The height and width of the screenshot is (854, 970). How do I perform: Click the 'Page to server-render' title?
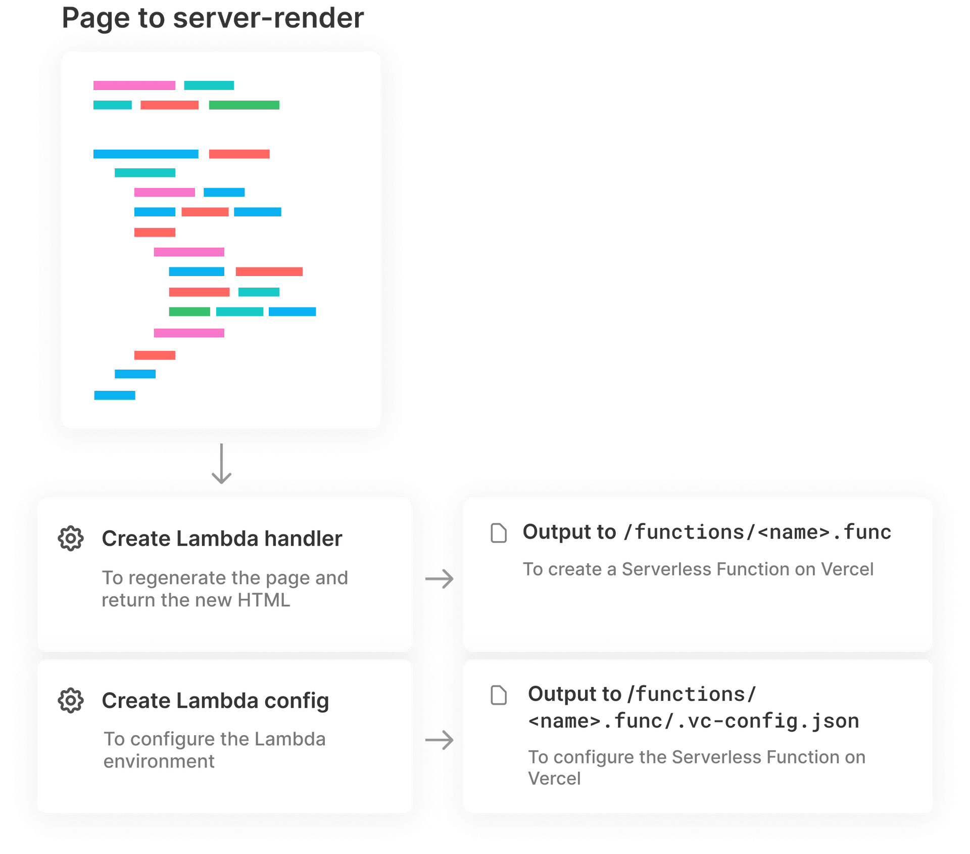212,19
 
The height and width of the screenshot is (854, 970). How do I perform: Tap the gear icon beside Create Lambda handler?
71,538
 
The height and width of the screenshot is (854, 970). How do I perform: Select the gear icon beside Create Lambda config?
71,701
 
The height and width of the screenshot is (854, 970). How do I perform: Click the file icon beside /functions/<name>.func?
499,533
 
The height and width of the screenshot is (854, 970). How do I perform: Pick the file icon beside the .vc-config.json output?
499,695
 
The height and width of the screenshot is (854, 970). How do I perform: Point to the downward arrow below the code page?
221,464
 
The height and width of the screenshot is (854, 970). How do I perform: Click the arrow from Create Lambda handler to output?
440,579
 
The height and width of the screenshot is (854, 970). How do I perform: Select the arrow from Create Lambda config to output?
440,740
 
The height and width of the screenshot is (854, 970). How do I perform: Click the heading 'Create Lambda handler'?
222,539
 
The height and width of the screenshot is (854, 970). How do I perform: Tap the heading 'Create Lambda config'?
215,701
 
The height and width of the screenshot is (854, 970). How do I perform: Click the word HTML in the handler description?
264,600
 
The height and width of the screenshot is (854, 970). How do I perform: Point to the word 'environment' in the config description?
159,761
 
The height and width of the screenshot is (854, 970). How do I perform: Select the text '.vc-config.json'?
768,721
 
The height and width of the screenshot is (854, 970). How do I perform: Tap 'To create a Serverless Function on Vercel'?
698,569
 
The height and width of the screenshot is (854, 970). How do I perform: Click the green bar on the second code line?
244,105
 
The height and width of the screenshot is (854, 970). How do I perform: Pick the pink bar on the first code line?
134,85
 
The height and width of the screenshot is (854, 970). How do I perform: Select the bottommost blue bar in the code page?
115,395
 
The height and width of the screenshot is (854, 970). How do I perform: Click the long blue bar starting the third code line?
145,154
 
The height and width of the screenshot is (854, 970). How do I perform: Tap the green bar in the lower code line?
189,311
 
